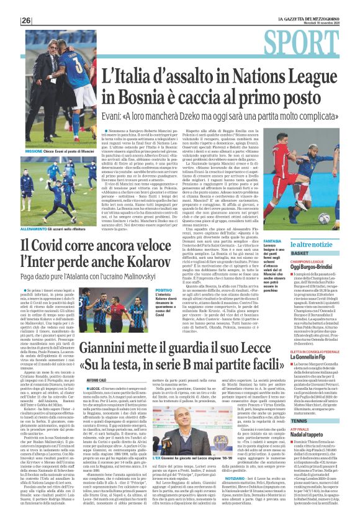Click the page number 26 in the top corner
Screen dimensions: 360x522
(26, 20)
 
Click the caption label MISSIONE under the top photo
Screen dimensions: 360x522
(34, 151)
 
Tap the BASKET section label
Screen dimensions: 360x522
(282, 254)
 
